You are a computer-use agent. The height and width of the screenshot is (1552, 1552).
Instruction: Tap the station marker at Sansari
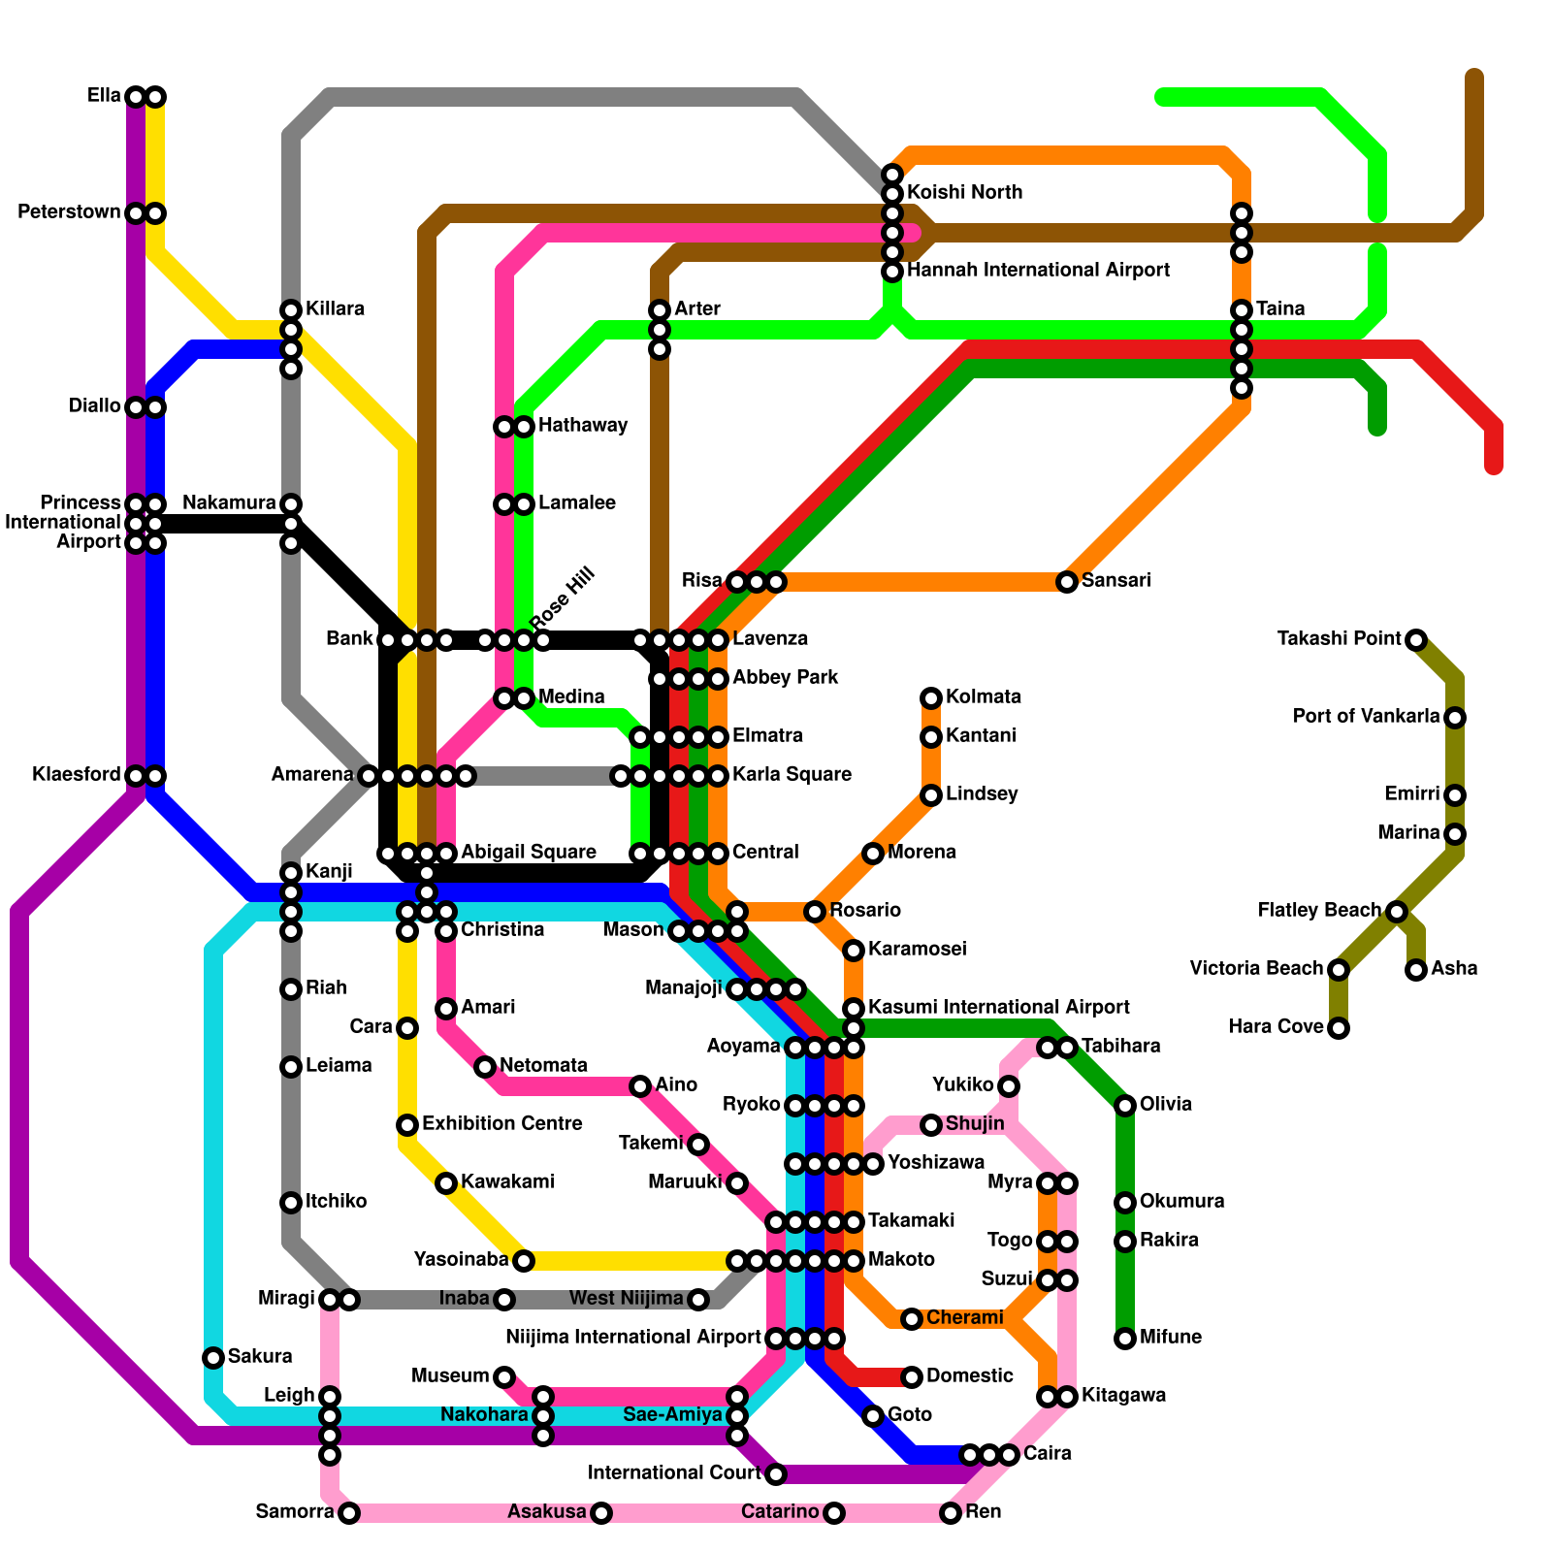(1067, 582)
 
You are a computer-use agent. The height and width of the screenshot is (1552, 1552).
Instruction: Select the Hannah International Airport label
(1038, 271)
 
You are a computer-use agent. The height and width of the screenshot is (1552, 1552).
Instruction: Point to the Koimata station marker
(931, 698)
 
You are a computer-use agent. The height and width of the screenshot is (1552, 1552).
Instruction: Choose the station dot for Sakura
(213, 1358)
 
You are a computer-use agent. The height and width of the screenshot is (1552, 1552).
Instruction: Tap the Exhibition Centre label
(501, 1124)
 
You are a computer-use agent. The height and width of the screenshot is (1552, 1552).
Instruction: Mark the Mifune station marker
(1125, 1339)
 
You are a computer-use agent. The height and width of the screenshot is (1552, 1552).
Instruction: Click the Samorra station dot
(349, 1513)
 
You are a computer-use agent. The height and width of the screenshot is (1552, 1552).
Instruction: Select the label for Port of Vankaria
(1366, 717)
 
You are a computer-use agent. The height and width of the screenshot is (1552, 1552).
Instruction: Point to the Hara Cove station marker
(1339, 1028)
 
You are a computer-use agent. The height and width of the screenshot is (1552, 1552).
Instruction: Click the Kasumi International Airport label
(998, 1008)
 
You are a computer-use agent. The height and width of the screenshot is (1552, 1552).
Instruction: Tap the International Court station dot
(776, 1474)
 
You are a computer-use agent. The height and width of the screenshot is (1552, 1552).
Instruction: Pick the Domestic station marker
(912, 1377)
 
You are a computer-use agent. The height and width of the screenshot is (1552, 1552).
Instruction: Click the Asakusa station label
(547, 1512)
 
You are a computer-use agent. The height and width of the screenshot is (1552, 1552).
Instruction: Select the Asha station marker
(1416, 970)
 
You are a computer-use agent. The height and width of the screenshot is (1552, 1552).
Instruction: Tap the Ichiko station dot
(291, 1203)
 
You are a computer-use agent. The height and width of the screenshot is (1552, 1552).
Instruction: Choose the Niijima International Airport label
(632, 1338)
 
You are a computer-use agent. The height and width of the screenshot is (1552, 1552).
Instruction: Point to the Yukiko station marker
(1009, 1086)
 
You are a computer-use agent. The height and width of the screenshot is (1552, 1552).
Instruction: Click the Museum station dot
(503, 1376)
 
